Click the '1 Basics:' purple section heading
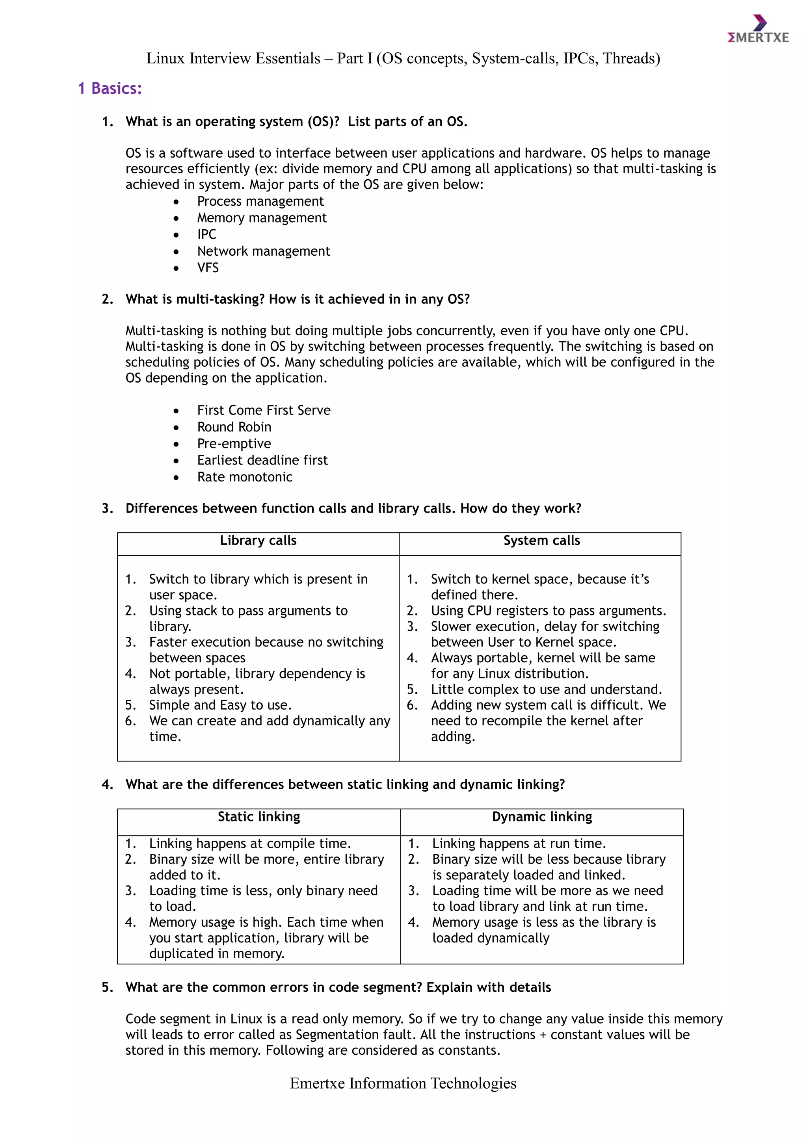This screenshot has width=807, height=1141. point(110,89)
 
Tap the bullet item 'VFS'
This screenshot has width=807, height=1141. point(208,268)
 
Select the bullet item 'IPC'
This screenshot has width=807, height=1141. point(207,234)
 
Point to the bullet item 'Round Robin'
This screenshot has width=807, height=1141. point(234,427)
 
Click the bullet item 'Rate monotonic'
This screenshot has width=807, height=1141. point(244,477)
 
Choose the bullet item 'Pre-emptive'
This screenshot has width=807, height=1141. point(234,444)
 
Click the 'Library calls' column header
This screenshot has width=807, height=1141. point(258,541)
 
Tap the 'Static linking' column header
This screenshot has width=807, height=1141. point(258,817)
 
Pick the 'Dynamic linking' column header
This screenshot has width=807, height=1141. point(542,817)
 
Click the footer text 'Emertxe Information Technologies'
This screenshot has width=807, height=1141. point(403,1083)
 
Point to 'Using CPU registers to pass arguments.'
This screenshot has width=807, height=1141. point(548,611)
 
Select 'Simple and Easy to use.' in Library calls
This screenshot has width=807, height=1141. point(220,705)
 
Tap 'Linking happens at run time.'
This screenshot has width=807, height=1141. point(519,844)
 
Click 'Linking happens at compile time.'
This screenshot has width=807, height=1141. point(250,844)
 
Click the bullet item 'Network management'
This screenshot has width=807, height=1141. point(263,251)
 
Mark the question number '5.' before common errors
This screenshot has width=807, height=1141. point(107,987)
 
